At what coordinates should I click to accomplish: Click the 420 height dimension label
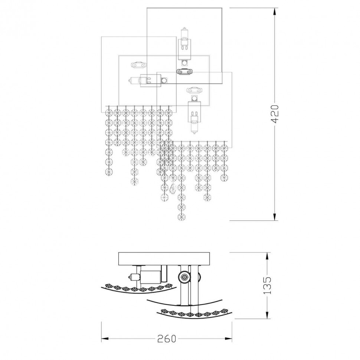tap(275, 114)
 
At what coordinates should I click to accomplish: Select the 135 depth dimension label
tap(267, 285)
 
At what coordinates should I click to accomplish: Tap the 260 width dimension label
tap(167, 338)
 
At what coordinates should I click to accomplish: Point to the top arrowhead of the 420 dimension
tap(275, 12)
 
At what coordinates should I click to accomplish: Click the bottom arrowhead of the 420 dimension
tap(275, 217)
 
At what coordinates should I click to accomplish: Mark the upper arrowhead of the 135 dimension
tap(267, 256)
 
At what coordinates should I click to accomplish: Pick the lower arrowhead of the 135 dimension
tap(267, 315)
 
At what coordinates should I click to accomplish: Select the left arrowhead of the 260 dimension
tap(105, 338)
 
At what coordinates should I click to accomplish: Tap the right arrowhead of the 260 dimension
tap(228, 338)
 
